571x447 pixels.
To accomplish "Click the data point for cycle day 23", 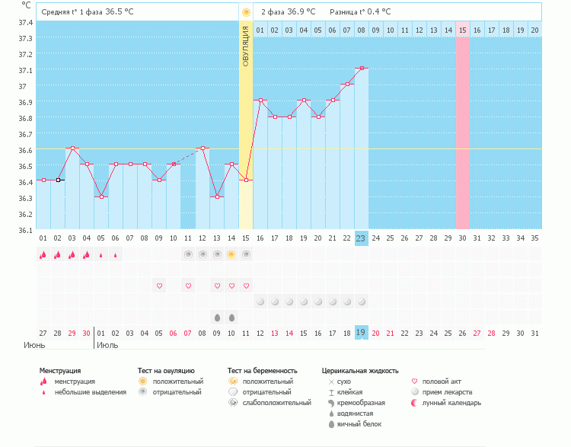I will (x=362, y=69).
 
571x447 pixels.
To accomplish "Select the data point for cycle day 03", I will (x=72, y=148).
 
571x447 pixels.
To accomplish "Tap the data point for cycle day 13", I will (x=217, y=196).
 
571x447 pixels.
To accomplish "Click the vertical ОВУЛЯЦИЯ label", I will (x=245, y=46).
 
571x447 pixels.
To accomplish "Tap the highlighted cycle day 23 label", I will (x=362, y=238).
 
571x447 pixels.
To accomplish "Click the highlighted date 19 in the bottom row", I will (x=362, y=332).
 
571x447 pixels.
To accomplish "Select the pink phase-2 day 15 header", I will (x=463, y=30).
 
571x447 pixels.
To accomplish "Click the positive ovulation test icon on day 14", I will (x=231, y=254).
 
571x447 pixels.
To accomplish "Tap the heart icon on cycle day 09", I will (x=159, y=286).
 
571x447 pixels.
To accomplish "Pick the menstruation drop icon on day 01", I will (x=43, y=254).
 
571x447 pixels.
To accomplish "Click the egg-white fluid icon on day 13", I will (x=217, y=317).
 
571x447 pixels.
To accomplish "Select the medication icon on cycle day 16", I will (x=260, y=302).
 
